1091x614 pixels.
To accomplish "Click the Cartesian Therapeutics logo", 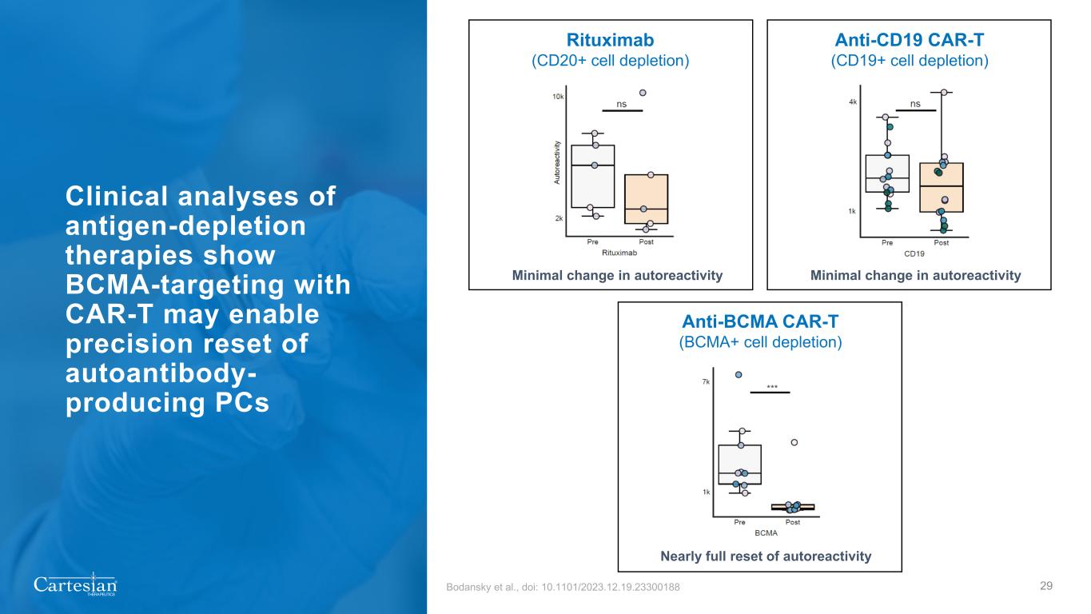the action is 75,584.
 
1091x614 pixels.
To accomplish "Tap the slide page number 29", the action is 1045,586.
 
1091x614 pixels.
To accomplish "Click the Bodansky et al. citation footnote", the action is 563,587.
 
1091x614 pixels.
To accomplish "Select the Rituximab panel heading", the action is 610,40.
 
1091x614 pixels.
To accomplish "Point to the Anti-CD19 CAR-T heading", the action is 910,40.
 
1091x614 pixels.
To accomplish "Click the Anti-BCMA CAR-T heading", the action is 760,321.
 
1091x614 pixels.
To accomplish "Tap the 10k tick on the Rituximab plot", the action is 558,97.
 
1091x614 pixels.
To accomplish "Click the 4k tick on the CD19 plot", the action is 853,102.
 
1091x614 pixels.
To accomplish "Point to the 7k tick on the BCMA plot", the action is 706,381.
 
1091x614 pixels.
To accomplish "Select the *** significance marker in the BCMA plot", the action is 772,388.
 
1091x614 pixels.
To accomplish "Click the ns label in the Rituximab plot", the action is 622,104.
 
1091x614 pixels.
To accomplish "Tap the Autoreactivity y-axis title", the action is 557,162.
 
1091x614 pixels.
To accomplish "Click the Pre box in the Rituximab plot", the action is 593,177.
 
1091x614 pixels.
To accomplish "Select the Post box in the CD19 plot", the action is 942,188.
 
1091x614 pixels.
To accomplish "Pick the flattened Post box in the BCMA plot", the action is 793,508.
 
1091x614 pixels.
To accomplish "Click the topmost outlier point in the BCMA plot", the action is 739,375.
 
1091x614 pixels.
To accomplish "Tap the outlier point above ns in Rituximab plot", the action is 643,93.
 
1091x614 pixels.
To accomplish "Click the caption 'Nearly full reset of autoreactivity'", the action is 766,556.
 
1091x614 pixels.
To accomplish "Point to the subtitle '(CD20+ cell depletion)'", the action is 611,61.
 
